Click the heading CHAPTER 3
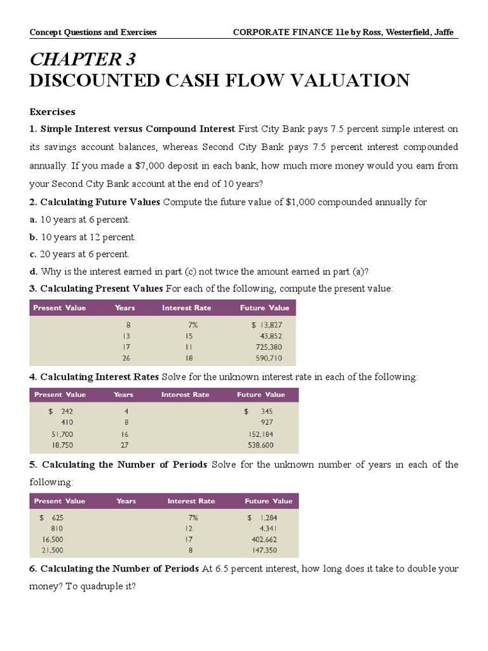[x=83, y=59]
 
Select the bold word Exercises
[x=53, y=112]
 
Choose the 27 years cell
[x=125, y=446]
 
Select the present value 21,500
[x=52, y=550]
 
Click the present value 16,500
[x=52, y=539]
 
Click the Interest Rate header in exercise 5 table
[x=191, y=501]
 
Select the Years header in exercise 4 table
[x=123, y=395]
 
